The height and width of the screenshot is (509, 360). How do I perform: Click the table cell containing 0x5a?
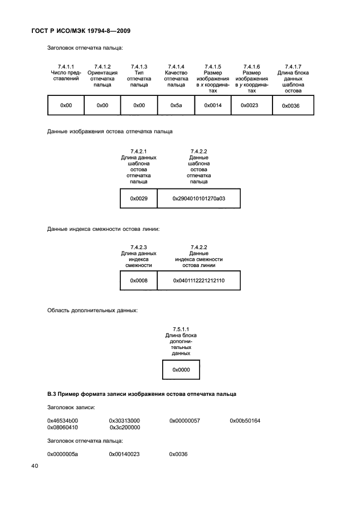tap(176, 105)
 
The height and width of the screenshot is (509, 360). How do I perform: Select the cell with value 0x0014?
tap(213, 105)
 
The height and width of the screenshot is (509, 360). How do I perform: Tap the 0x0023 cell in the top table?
tap(251, 105)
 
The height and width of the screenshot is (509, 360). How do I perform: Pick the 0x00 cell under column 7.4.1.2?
tap(102, 105)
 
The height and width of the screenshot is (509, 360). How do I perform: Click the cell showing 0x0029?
tap(139, 198)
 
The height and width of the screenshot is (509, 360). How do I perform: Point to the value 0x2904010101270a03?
tap(198, 198)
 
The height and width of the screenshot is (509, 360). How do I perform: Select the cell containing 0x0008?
tap(139, 280)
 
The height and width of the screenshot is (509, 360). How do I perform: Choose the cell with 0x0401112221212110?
tap(198, 280)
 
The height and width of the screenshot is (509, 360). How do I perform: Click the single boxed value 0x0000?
tap(181, 370)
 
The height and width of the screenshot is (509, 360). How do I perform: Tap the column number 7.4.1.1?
tap(66, 67)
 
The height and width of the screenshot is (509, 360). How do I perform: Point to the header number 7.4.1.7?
tap(293, 67)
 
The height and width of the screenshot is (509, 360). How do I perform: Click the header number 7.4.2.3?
tap(139, 248)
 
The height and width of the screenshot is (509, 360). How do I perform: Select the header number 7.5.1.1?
tap(181, 329)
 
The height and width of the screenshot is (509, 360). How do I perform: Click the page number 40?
tap(35, 466)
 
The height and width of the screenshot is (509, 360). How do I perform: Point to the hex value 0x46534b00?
tap(62, 421)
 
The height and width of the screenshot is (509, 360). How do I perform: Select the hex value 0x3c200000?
tap(125, 428)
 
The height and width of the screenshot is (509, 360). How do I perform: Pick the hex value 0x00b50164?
tap(245, 421)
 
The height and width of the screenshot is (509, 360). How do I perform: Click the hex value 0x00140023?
tap(124, 454)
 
